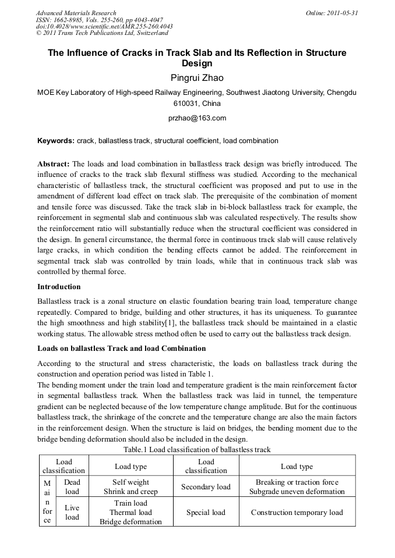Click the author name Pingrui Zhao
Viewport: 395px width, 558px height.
(x=197, y=77)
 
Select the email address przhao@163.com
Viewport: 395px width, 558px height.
(x=197, y=118)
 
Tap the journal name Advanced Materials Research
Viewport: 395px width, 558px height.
(x=76, y=13)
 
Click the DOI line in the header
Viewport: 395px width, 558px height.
(x=104, y=26)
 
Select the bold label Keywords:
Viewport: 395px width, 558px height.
(x=56, y=141)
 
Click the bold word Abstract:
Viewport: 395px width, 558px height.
(x=53, y=164)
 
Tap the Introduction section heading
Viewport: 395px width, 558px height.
(x=59, y=287)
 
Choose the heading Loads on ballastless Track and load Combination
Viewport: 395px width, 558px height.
(x=121, y=349)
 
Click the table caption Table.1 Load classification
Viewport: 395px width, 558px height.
(x=197, y=450)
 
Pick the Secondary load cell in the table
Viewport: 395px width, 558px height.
(x=206, y=486)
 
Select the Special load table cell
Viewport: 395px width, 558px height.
(x=206, y=513)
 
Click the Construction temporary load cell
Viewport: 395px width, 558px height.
(x=297, y=513)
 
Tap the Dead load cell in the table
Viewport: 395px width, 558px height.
(x=72, y=486)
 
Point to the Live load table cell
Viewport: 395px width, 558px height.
(x=72, y=513)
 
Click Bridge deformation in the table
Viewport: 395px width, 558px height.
(x=131, y=522)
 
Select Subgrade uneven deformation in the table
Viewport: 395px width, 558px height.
(x=297, y=491)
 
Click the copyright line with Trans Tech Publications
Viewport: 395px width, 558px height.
(x=102, y=33)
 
